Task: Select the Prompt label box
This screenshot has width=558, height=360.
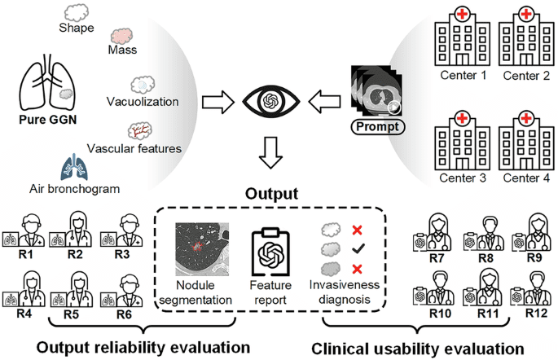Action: pos(374,128)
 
